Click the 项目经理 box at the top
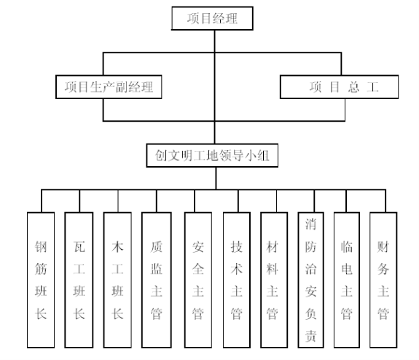[212, 18]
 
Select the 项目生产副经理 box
[109, 87]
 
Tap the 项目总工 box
[340, 87]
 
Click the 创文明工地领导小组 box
[212, 155]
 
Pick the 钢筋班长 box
[41, 280]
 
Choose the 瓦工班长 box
[79, 280]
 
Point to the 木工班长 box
[117, 280]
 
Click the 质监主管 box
[157, 280]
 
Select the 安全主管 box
[198, 280]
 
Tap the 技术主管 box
[237, 280]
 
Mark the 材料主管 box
[274, 280]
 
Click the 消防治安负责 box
[310, 280]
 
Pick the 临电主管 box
[347, 280]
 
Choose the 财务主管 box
[383, 280]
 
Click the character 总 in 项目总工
[353, 87]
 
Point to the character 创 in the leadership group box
[161, 155]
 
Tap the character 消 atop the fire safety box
[310, 224]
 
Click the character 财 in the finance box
[383, 247]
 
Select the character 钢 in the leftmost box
[41, 247]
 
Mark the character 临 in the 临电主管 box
[347, 247]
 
